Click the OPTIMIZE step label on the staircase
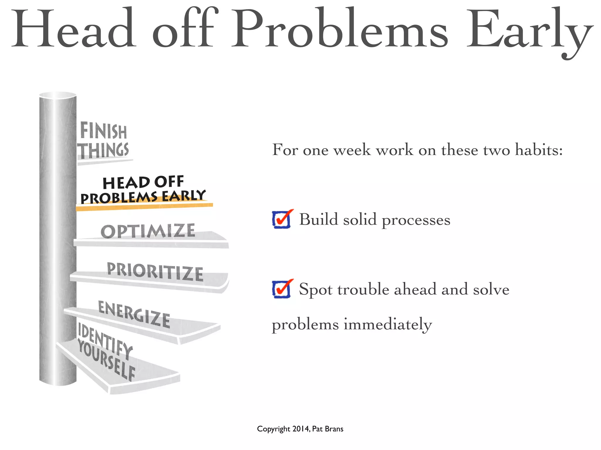148,231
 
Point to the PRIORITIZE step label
155,272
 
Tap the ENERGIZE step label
134,314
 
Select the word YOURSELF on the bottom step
106,360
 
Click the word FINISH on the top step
103,131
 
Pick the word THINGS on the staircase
103,151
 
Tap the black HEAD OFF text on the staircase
143,182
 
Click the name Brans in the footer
334,429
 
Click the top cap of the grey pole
58,95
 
